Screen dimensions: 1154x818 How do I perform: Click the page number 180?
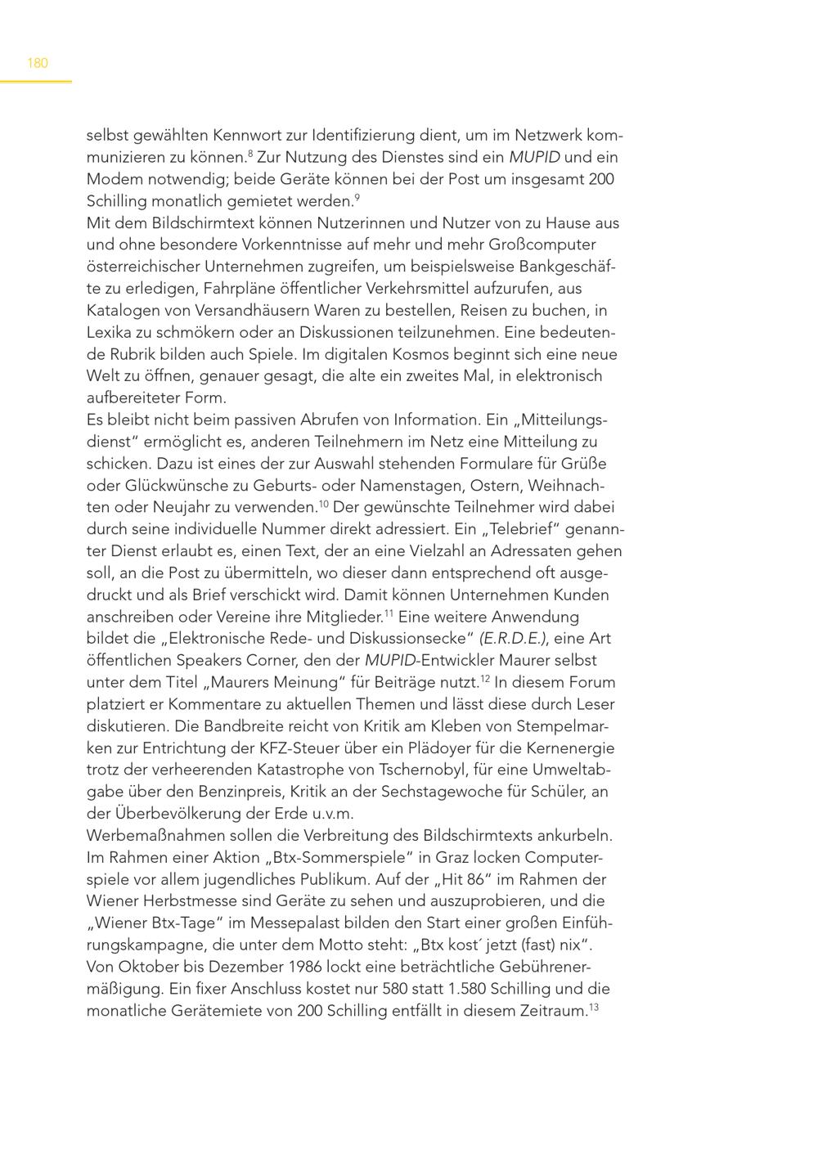point(38,63)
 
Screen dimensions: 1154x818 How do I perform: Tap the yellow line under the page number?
point(36,82)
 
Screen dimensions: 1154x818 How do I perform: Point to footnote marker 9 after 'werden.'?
point(357,196)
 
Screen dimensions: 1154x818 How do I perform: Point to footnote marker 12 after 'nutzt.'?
point(484,678)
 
